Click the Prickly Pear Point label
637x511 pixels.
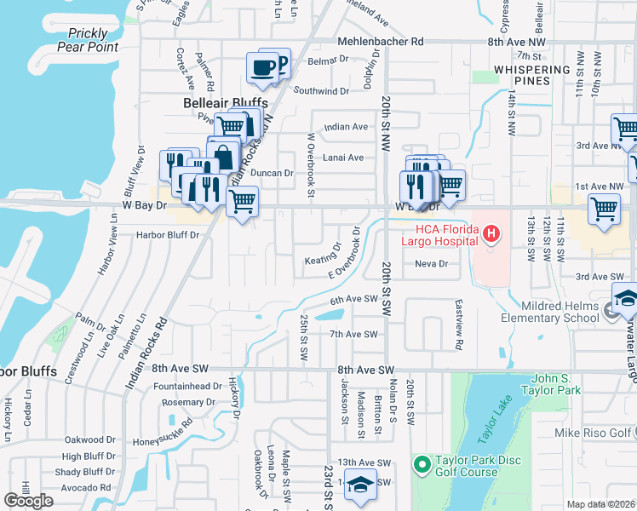(89, 40)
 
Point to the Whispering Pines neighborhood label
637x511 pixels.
(531, 75)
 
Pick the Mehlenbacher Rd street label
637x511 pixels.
(381, 41)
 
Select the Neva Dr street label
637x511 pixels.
(431, 264)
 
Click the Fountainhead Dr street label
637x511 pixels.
(187, 386)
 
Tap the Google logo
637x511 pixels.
(28, 500)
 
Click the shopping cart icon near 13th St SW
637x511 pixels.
(604, 208)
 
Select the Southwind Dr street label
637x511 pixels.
(321, 91)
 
